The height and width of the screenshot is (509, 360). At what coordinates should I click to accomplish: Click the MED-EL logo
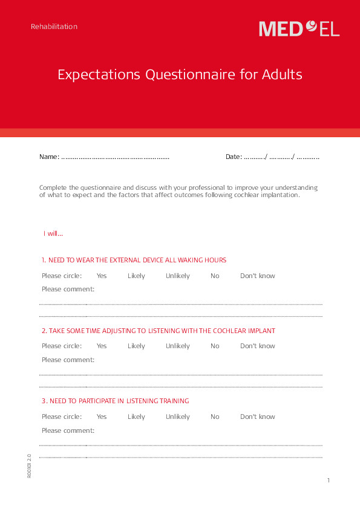(299, 28)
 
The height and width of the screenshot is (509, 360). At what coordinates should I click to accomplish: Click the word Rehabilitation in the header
(54, 27)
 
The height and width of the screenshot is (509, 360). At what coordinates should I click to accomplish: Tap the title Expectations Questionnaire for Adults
(180, 75)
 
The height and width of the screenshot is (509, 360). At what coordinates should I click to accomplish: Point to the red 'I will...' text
(53, 234)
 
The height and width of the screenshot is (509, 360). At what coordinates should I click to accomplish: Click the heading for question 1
(134, 261)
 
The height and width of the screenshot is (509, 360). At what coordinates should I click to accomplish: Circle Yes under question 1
(102, 276)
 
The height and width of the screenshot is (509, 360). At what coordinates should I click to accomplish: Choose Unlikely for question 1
(178, 276)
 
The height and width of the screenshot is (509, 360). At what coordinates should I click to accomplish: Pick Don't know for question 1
(257, 276)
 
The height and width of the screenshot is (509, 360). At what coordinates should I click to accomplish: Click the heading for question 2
(159, 331)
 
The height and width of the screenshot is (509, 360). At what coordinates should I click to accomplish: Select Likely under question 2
(136, 346)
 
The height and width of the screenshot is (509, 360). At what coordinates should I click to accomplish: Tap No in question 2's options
(215, 346)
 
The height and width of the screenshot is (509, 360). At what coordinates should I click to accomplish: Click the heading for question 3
(115, 401)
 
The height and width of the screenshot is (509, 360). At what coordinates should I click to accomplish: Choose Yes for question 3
(102, 417)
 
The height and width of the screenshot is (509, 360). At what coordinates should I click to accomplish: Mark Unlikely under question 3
(178, 417)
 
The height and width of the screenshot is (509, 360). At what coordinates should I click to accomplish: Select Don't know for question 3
(257, 417)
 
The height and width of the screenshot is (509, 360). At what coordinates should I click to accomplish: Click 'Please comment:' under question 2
(68, 360)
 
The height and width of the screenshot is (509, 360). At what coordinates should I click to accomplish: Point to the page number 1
(329, 481)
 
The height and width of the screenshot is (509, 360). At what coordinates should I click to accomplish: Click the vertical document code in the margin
(29, 465)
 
